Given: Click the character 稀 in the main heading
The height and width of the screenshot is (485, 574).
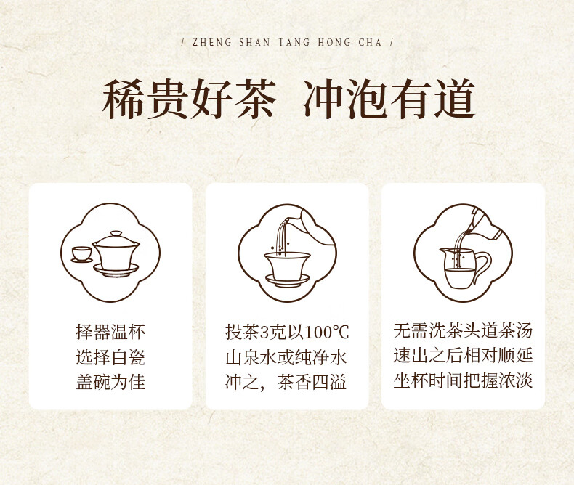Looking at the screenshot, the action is [x=123, y=99].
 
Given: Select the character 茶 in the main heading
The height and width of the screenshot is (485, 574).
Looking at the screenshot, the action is [x=254, y=99].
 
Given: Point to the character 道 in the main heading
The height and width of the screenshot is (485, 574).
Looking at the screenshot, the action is [x=454, y=99].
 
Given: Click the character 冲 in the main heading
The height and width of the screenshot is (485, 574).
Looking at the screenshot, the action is [x=323, y=99].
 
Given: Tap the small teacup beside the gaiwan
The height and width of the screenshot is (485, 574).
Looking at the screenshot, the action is [x=81, y=255].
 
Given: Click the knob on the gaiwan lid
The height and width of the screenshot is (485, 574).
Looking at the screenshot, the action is [x=116, y=233].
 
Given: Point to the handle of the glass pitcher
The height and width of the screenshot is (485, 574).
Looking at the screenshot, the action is [x=482, y=266].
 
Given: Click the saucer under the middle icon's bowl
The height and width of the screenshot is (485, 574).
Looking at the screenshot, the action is [x=288, y=280].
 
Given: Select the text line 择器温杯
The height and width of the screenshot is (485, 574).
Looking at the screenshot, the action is [x=110, y=332].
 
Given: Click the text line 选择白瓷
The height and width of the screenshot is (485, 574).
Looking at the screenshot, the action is [x=110, y=357].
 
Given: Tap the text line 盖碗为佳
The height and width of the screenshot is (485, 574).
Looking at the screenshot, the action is [x=110, y=382].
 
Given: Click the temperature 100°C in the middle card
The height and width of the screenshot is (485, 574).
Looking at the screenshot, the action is [x=326, y=333].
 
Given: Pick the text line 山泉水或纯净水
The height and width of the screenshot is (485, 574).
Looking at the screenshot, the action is [x=286, y=357].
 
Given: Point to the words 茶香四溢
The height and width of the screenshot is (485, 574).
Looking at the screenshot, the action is [x=312, y=382].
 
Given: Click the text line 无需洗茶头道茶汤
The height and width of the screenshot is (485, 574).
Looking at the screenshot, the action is [x=463, y=330].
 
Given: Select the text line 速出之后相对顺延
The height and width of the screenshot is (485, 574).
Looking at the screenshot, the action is [x=463, y=356].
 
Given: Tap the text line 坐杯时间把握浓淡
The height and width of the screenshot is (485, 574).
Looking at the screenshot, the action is [x=463, y=380].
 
